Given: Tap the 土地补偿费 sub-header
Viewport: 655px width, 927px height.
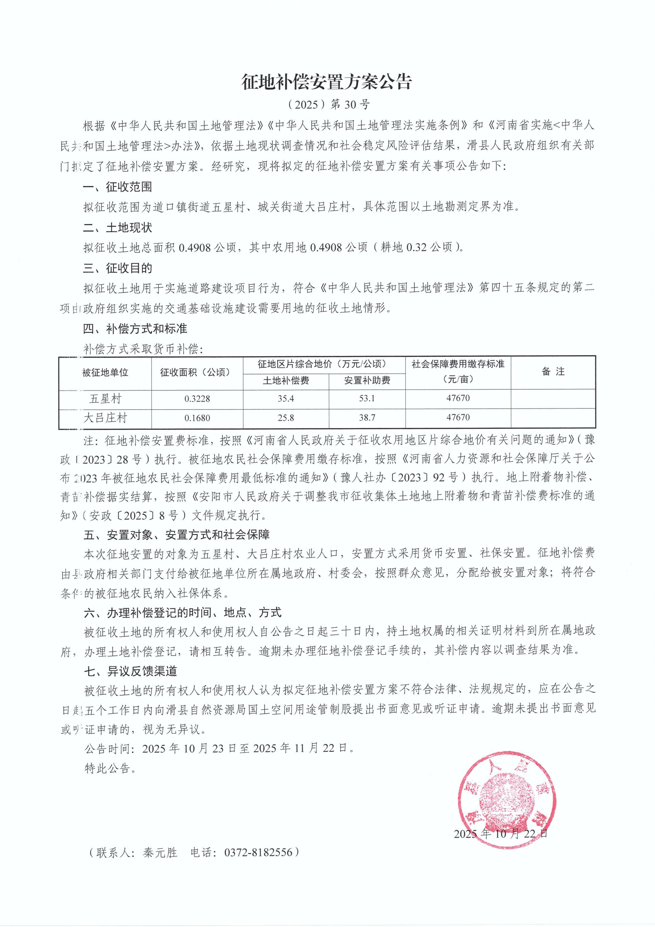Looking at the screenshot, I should (x=286, y=380).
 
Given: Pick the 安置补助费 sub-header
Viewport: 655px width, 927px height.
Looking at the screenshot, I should (x=367, y=380).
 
